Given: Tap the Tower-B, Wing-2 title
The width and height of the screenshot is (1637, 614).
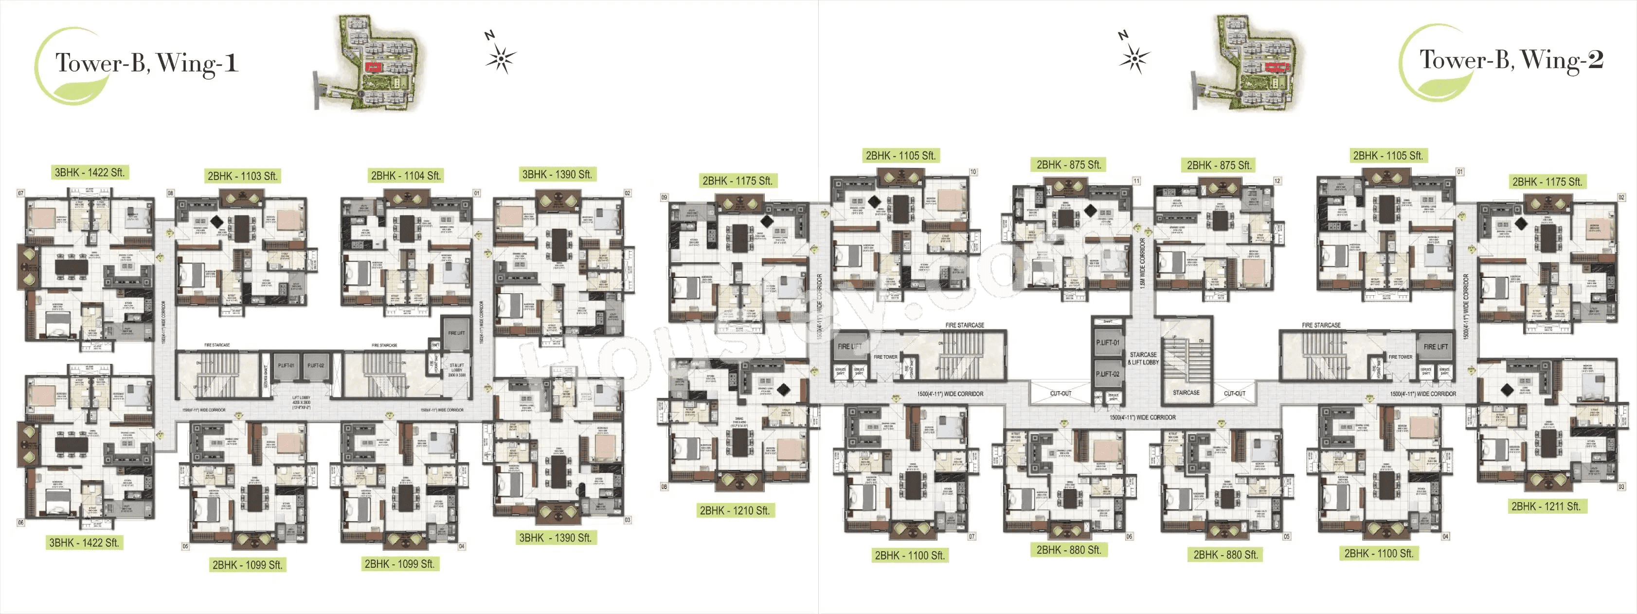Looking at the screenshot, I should [x=1511, y=60].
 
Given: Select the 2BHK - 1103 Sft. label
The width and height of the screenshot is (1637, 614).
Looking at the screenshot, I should [x=243, y=176].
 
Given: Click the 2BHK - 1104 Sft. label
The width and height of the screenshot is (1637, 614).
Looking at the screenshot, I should [x=405, y=176].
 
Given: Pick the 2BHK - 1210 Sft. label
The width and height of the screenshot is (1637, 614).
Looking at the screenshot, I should [x=735, y=510].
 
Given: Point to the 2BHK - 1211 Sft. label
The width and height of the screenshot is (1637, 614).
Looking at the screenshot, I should [x=1546, y=506].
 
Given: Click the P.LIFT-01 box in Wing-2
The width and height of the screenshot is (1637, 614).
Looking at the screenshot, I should [x=1107, y=343].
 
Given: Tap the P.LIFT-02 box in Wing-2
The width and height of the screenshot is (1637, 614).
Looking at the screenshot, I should [x=1107, y=374].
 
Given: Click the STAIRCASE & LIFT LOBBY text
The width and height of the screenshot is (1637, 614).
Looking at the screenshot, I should [x=1143, y=359].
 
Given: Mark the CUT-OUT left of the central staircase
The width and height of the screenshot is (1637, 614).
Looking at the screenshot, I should [x=1061, y=394].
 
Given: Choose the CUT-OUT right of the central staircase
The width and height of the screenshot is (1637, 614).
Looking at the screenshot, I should [x=1235, y=394].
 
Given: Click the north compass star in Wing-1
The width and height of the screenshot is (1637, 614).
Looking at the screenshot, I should [x=501, y=59].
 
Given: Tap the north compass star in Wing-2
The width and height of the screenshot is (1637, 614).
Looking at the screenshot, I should [x=1133, y=59].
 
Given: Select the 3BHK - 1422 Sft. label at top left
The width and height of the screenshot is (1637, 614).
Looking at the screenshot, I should [x=90, y=172].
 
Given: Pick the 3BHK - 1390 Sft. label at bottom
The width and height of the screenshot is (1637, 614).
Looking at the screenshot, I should [x=556, y=538].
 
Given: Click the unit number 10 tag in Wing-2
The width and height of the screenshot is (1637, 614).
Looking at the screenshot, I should [x=973, y=172].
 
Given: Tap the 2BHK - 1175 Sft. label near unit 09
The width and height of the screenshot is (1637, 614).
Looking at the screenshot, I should [x=737, y=181].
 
